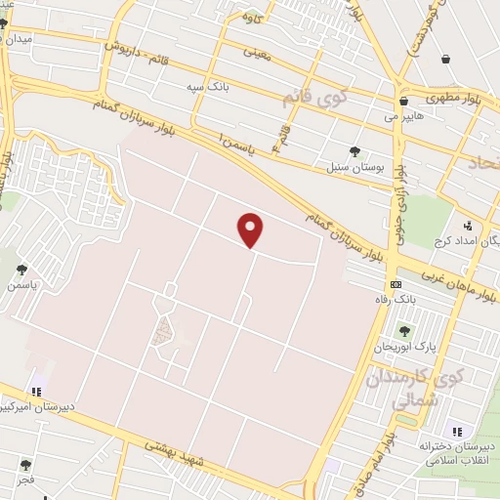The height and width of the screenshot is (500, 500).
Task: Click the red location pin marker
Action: tap(251, 229)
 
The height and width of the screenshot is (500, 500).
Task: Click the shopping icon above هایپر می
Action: tap(402, 101)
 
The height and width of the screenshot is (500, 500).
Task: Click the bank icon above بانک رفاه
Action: tap(395, 284)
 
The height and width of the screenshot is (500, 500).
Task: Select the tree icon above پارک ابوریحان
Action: tap(404, 331)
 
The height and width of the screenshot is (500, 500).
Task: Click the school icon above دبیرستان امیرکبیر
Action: tap(38, 392)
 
